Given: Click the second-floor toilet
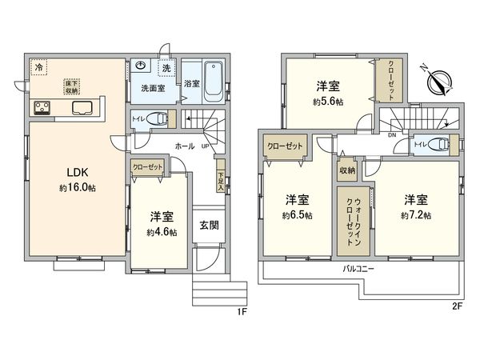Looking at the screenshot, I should [x=439, y=144].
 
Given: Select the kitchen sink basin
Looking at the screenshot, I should [x=84, y=108].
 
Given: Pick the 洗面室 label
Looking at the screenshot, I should [x=154, y=89].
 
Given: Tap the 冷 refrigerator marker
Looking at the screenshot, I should [x=38, y=69].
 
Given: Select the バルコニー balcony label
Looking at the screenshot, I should [x=360, y=269].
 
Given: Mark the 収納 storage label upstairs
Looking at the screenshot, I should [x=346, y=170].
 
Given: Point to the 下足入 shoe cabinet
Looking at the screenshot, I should [x=221, y=177].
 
